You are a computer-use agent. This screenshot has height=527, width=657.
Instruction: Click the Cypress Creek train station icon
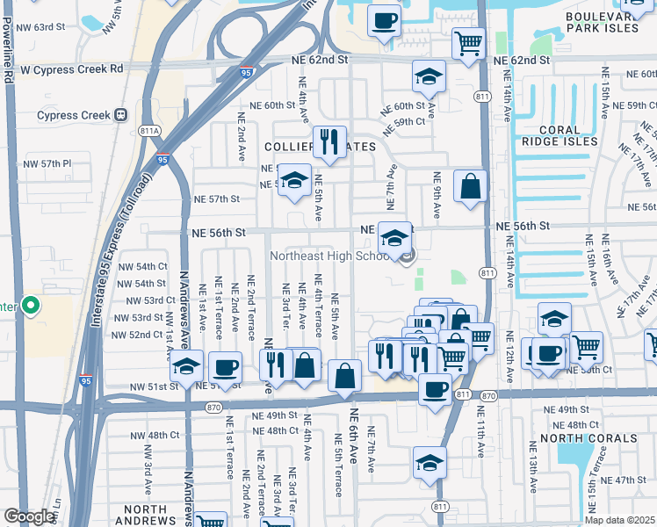[120, 115]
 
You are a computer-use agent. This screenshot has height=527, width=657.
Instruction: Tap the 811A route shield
[150, 131]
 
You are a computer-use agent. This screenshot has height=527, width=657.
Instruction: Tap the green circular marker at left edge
[31, 307]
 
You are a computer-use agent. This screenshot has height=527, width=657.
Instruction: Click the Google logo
[29, 516]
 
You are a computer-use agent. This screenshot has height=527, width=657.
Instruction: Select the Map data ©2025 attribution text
[620, 520]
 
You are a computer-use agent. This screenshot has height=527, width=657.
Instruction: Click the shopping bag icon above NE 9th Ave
[471, 186]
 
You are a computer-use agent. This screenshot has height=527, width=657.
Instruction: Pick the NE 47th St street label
[630, 480]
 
